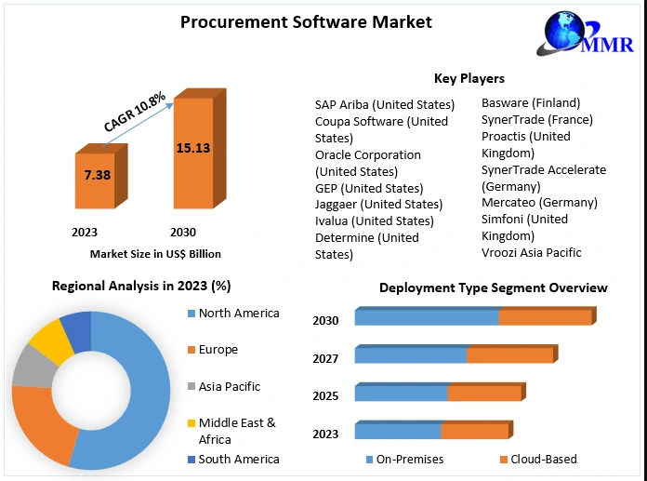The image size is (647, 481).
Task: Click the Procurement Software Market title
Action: click(x=306, y=21)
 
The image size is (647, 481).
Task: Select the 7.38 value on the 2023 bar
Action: click(x=98, y=175)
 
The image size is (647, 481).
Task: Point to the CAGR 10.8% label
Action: click(x=134, y=111)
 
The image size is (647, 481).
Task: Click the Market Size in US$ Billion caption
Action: click(x=155, y=253)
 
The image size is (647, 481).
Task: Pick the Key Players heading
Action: click(x=469, y=78)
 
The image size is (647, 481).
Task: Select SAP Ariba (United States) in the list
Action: click(x=384, y=104)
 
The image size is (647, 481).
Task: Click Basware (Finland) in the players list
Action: click(x=530, y=102)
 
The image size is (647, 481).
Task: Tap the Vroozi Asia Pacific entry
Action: click(x=531, y=252)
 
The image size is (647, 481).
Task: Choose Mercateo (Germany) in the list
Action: click(x=539, y=202)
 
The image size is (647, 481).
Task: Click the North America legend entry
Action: click(x=238, y=314)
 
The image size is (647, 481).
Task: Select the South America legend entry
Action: click(x=238, y=459)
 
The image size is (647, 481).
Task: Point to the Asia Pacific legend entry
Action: click(x=229, y=386)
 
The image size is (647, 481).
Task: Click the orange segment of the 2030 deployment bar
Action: click(x=545, y=317)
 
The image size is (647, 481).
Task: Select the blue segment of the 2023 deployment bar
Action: click(x=397, y=431)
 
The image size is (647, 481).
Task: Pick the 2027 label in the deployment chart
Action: click(x=325, y=358)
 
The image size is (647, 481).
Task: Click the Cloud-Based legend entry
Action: click(x=542, y=459)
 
